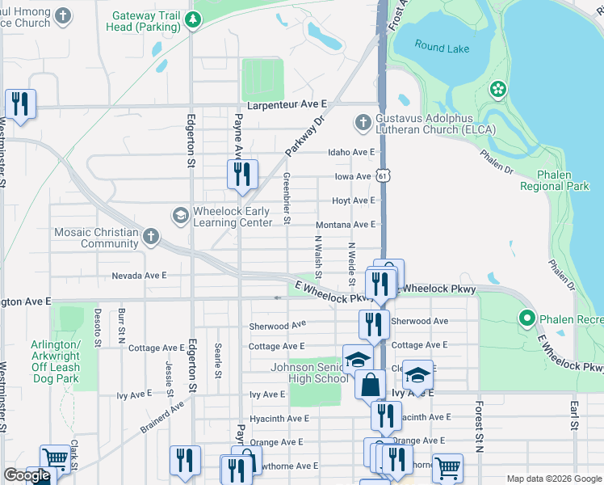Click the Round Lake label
442,47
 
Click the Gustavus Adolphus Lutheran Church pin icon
363,122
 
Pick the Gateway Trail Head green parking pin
193,21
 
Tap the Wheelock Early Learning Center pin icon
179,216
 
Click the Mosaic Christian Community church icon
149,237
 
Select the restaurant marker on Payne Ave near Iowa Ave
241,175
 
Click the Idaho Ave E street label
351,152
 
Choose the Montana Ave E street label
346,224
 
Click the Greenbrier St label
287,199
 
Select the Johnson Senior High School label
309,373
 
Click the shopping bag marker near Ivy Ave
371,385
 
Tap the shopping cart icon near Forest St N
447,466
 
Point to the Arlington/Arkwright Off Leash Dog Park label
55,361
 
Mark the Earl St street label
574,414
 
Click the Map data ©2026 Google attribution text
553,478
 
